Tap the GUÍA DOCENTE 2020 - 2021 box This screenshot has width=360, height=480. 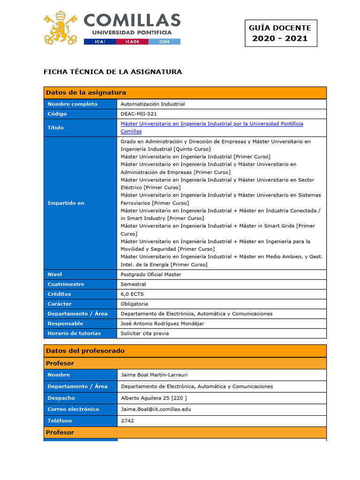280,33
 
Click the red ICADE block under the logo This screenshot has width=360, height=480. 133,42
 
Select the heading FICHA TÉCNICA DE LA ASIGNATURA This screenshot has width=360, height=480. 112,72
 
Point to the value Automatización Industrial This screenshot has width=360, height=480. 153,104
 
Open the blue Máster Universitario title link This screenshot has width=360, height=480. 212,124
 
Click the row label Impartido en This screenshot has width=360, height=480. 66,203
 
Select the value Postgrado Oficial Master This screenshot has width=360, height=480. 151,275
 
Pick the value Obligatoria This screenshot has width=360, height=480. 135,304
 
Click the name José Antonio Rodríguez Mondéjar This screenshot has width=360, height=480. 162,323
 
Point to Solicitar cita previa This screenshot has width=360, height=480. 145,333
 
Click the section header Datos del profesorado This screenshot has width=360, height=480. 85,351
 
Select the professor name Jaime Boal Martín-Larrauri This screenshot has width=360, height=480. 157,375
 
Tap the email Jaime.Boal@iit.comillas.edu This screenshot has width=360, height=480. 156,409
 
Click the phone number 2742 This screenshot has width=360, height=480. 127,421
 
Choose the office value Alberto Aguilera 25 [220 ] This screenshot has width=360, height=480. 154,398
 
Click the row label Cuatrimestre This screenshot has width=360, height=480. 66,285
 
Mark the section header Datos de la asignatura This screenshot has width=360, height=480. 86,93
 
